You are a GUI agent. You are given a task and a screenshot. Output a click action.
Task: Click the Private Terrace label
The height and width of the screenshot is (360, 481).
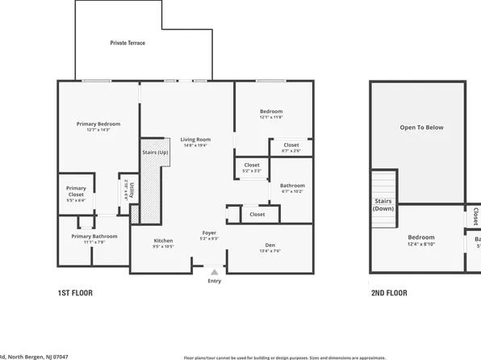tap(128, 43)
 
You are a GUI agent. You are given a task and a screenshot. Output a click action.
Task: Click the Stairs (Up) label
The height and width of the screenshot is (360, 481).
tap(155, 152)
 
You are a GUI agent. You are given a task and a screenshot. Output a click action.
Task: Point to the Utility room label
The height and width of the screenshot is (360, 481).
tap(131, 192)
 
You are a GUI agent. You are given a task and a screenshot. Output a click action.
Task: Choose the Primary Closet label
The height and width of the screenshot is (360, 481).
tap(76, 194)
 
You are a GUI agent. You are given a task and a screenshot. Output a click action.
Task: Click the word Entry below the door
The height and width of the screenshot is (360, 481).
tap(214, 281)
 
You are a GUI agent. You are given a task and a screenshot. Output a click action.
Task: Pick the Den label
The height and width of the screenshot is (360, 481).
tap(270, 248)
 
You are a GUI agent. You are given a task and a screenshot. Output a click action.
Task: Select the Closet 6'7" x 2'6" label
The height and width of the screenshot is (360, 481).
tap(291, 147)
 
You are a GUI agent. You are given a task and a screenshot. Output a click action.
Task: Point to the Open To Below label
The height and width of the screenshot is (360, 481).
tap(422, 128)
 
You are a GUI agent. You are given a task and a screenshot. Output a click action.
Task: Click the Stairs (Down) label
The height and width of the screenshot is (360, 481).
tap(383, 205)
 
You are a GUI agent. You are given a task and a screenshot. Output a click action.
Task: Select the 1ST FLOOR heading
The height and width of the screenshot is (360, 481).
tap(75, 294)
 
